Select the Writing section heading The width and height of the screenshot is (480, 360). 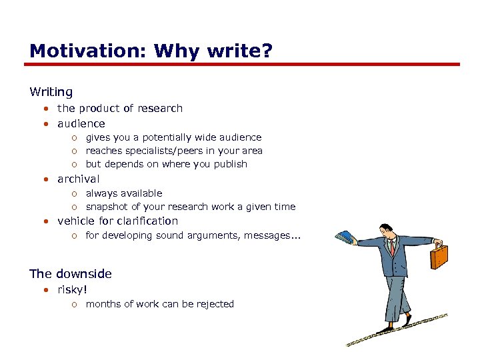pos(51,92)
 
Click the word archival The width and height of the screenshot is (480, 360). pos(79,179)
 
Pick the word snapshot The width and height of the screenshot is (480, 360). pos(108,207)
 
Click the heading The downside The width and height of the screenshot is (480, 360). pos(71,273)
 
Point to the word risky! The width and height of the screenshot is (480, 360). pos(73,289)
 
